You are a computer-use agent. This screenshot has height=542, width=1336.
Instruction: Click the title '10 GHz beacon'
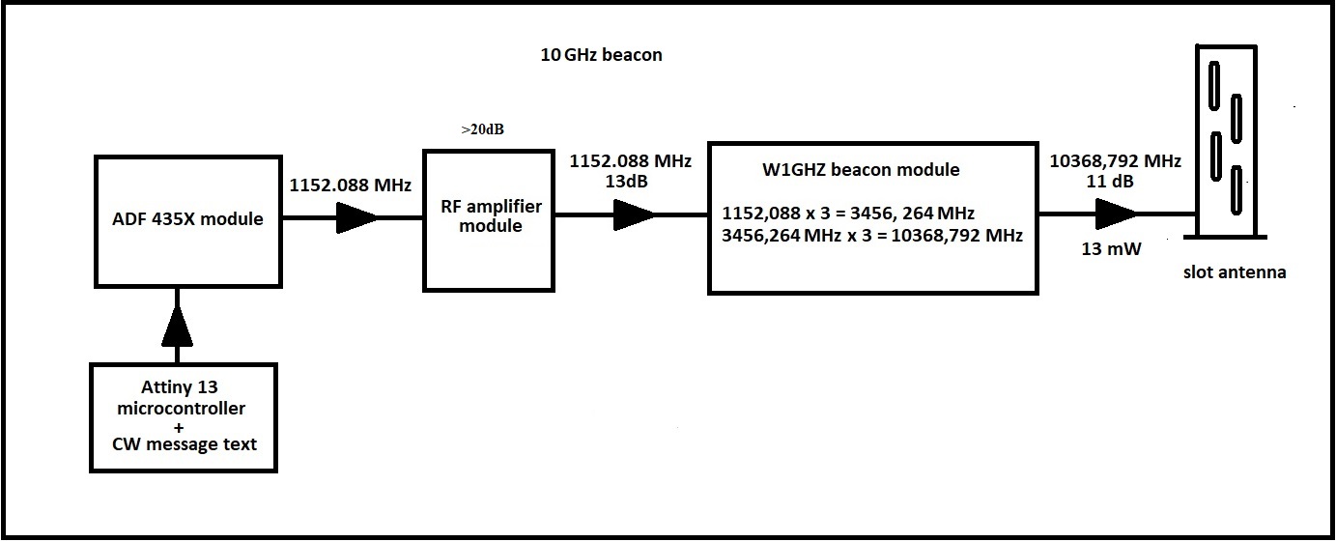coord(601,55)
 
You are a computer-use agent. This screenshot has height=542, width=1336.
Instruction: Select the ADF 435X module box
coord(187,220)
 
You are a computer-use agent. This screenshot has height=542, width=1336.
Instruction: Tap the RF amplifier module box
coord(490,218)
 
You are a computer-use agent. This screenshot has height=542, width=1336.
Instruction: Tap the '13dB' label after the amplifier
coord(629,181)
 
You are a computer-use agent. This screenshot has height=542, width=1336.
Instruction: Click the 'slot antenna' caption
coord(1234,272)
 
